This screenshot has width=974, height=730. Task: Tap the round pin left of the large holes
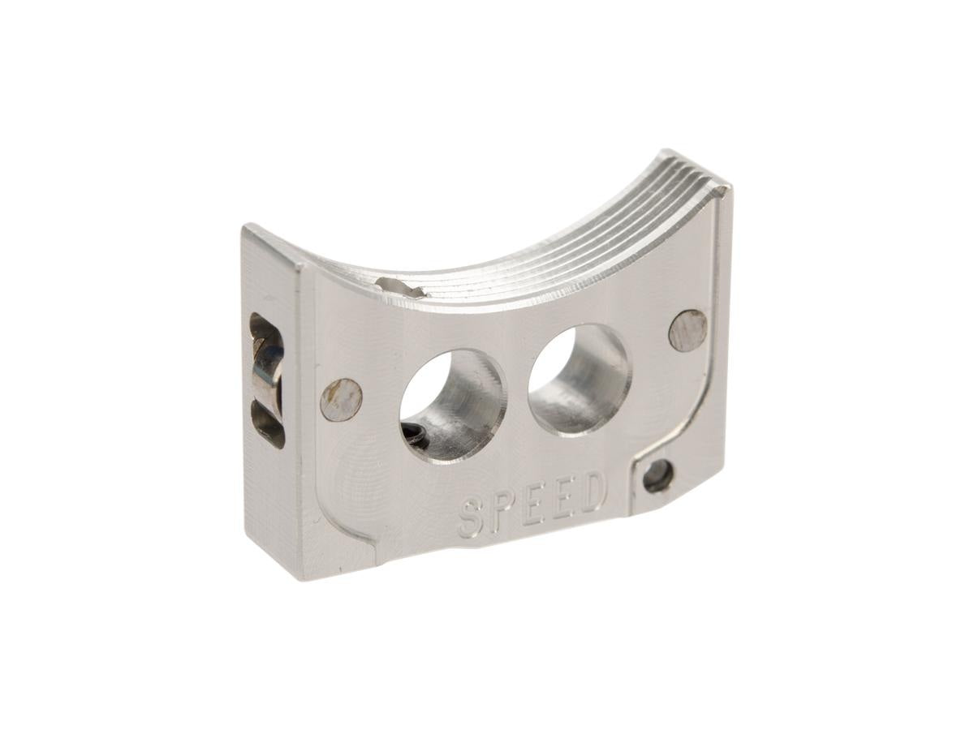pyautogui.click(x=342, y=399)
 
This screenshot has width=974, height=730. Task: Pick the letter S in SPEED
pyautogui.click(x=472, y=517)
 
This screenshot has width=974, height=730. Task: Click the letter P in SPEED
pyautogui.click(x=502, y=511)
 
